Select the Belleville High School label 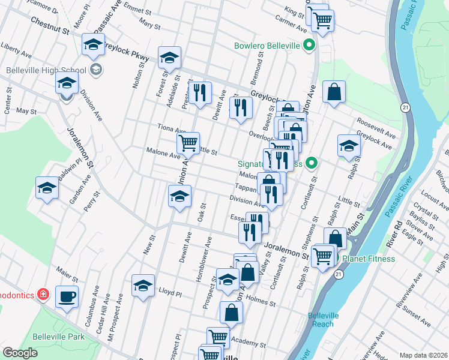coord(43,70)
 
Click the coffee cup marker coord(67,296)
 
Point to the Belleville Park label coord(59,337)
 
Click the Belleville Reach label coord(324,320)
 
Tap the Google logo coord(20,353)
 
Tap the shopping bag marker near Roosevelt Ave coord(334,92)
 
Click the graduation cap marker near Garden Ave coord(47,188)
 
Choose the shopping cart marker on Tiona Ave coord(188,143)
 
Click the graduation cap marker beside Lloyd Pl coord(143,285)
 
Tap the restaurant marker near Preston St coord(200,92)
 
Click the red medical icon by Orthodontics coord(43,294)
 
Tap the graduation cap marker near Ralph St coord(348,146)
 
